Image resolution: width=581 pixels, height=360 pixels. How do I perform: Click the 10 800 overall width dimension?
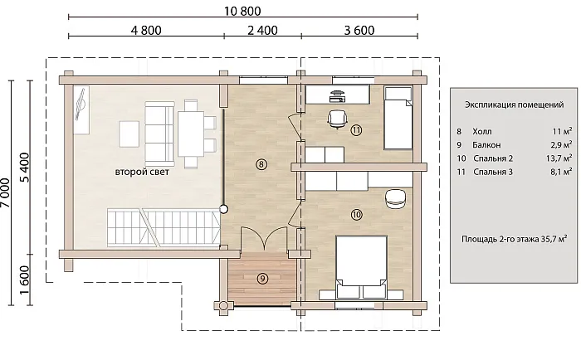pos(242,11)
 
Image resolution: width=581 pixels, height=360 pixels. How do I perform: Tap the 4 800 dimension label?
pos(146,31)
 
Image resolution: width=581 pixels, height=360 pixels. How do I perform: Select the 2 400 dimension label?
pos(262,31)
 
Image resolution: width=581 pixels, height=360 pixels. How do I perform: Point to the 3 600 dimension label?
pos(359,31)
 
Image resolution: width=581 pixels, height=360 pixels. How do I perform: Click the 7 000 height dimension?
pos(5,192)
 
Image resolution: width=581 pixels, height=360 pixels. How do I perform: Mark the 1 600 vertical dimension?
pos(24,280)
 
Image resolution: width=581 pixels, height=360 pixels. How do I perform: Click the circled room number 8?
pos(261,164)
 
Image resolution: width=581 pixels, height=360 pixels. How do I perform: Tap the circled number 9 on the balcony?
pos(262,279)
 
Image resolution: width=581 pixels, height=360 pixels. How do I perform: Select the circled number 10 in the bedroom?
pos(356,215)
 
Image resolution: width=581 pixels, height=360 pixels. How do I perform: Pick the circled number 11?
pos(356,130)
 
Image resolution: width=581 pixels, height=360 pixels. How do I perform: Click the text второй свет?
pos(142,173)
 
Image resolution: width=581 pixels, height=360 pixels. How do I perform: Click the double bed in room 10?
pos(361,267)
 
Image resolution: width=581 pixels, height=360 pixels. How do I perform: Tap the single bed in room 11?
pos(398,118)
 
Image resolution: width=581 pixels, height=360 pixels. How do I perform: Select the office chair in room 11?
pos(337,119)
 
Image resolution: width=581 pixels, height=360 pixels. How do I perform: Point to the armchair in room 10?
pos(396,199)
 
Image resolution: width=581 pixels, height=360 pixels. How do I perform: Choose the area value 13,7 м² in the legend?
pos(559,158)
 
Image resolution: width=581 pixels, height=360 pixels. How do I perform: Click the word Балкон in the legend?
pos(486,145)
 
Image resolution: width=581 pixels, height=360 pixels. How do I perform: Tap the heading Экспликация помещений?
pos(515,105)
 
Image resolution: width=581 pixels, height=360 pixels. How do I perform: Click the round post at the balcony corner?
pos(223,306)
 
